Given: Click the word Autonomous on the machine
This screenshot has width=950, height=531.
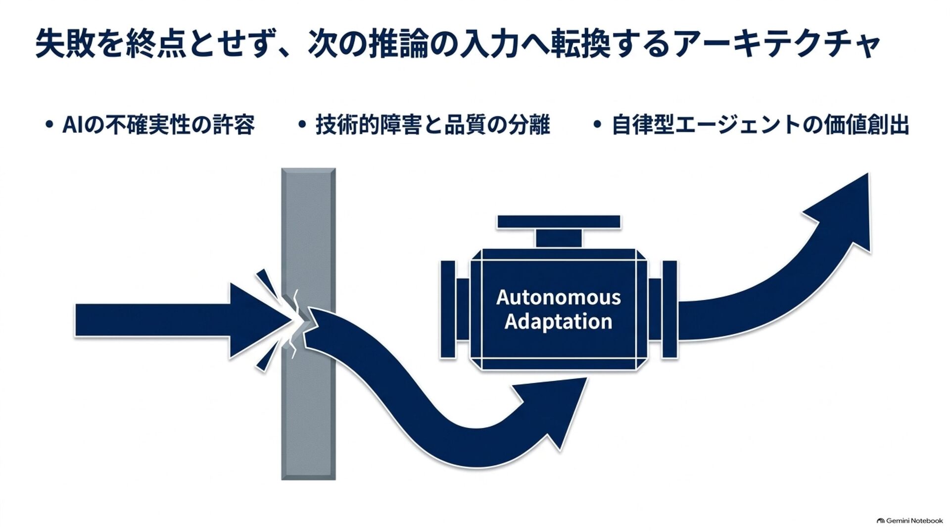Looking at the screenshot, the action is coord(558,297).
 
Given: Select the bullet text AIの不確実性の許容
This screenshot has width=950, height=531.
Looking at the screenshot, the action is coord(158,124).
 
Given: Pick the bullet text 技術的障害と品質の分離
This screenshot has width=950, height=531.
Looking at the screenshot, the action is coord(432,124).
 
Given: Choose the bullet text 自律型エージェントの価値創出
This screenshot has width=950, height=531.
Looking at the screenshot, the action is coord(760,124).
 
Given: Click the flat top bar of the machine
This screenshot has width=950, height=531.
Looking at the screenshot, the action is coord(559,222).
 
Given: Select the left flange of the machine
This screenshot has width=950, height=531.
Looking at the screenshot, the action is coord(448,310).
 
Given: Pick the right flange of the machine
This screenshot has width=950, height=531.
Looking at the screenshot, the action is coord(669,310).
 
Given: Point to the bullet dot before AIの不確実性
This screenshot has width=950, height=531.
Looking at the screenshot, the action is coord(48,125).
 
